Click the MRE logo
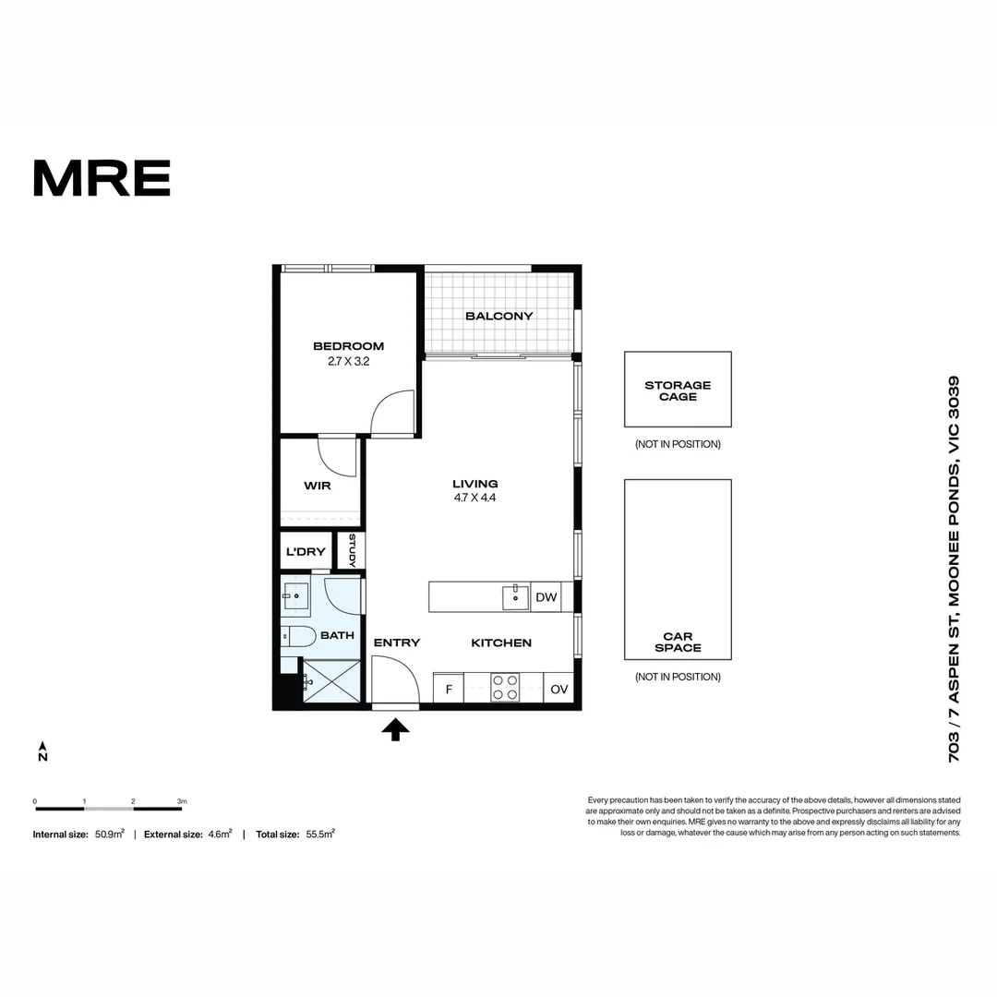tap(102, 178)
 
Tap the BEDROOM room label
tap(348, 346)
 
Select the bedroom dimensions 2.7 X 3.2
tap(348, 362)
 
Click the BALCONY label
tap(499, 316)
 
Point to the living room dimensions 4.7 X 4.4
tap(475, 498)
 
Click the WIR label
tap(318, 486)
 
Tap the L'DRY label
tap(306, 552)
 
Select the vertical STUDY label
tap(352, 551)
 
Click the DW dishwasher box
tap(547, 597)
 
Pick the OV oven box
tap(559, 689)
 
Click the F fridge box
tap(449, 689)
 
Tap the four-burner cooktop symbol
tap(505, 688)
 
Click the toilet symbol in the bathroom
tap(296, 636)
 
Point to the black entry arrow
tap(395, 730)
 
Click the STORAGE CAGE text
tap(678, 390)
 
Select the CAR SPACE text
tap(678, 642)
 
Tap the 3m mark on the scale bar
tap(182, 801)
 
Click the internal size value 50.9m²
tap(109, 834)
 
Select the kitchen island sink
tap(515, 597)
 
